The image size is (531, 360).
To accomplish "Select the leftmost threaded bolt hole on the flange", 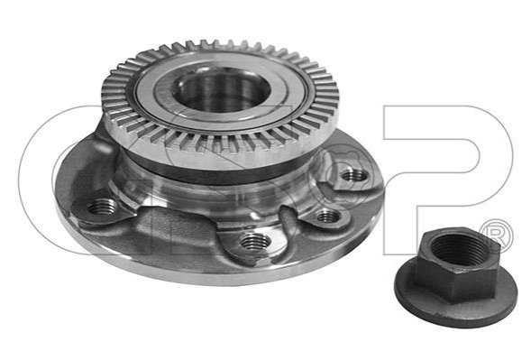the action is tap(101, 207).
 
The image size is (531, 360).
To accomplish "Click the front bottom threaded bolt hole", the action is tap(255, 242).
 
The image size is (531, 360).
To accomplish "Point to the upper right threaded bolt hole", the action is tap(354, 175).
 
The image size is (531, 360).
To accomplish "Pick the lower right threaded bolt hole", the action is tap(328, 216).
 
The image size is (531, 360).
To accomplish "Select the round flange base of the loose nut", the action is tap(455, 309).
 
